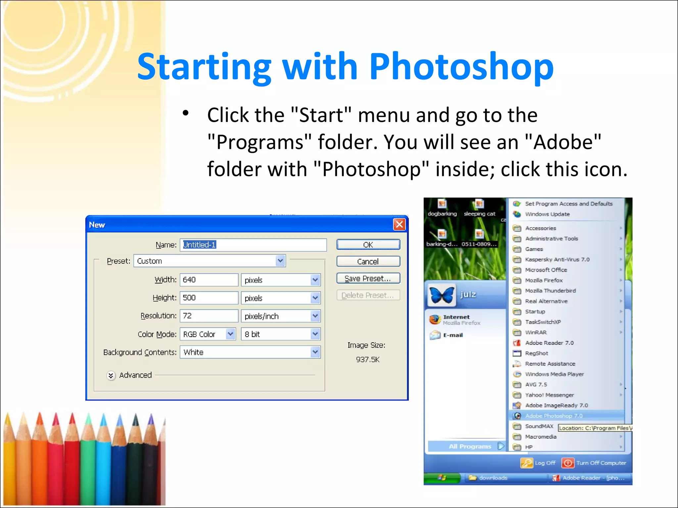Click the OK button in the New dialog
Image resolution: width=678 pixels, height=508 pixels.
368,245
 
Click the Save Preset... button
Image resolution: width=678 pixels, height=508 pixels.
368,278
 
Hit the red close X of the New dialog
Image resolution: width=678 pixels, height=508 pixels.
399,225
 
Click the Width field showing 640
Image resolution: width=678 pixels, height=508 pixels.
209,280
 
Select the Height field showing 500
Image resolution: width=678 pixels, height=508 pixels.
209,298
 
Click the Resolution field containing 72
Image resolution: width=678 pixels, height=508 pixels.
209,316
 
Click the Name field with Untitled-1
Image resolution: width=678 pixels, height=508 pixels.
253,245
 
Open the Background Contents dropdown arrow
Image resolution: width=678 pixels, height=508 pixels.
315,352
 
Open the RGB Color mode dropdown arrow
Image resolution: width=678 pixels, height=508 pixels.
230,334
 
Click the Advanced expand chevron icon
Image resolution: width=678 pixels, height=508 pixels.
111,375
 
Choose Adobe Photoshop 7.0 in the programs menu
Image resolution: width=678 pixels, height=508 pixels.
554,416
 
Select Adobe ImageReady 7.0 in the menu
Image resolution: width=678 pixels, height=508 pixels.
556,405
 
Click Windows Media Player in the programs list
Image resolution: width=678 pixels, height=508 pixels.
554,374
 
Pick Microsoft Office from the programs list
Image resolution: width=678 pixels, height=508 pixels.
546,270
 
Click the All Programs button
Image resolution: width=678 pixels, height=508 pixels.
470,446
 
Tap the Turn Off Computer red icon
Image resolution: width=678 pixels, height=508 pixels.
567,463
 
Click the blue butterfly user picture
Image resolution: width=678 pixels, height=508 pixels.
441,294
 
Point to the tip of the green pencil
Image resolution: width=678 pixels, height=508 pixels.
88,415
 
